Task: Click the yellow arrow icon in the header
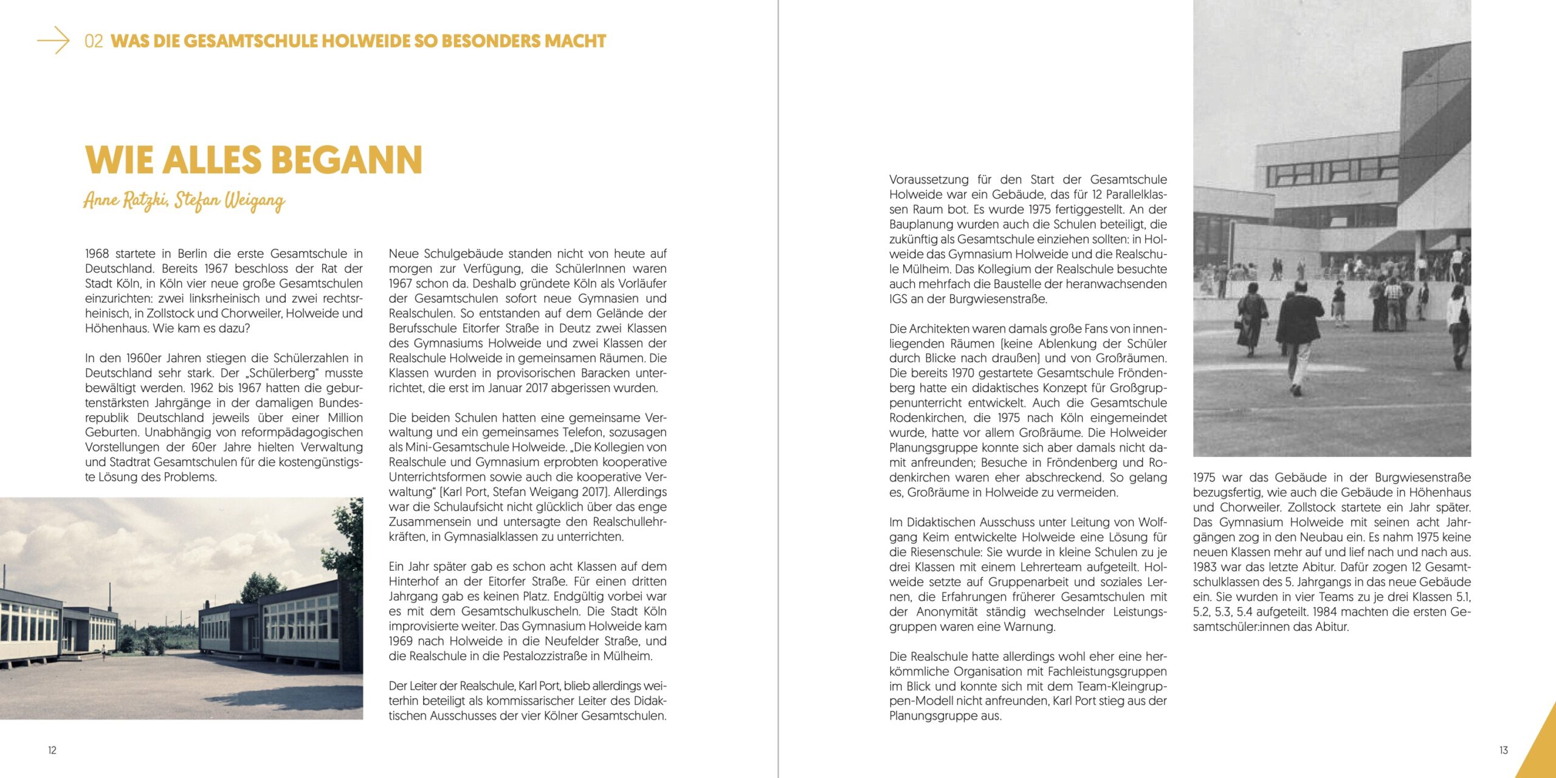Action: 53,40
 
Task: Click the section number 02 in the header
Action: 94,41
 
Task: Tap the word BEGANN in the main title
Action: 346,160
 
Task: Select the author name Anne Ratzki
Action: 126,200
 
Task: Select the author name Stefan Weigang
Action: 230,201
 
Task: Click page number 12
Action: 52,750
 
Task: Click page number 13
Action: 1503,750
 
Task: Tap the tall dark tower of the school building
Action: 1435,115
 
